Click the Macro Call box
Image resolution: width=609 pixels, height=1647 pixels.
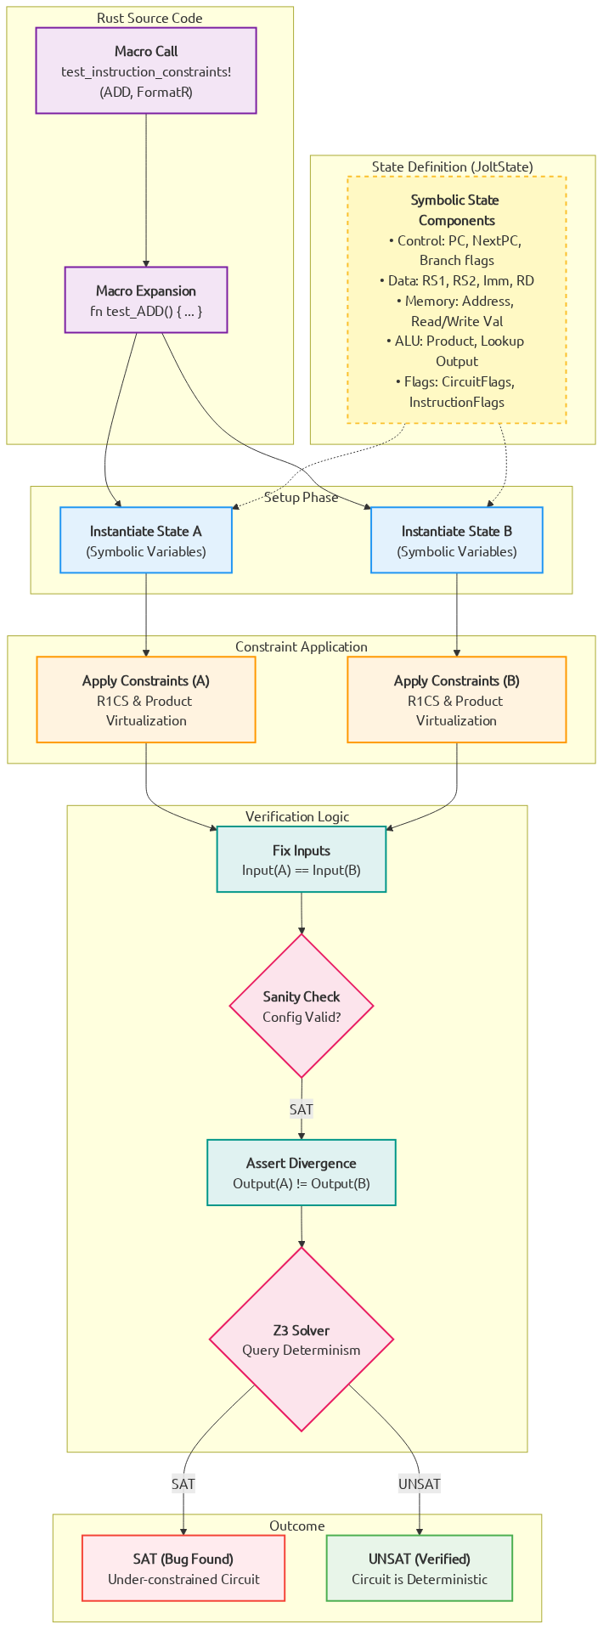pyautogui.click(x=146, y=71)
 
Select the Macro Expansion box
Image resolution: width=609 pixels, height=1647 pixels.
pyautogui.click(x=146, y=300)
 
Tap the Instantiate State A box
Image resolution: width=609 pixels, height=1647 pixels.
pyautogui.click(x=146, y=540)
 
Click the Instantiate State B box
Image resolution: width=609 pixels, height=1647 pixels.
pyautogui.click(x=457, y=540)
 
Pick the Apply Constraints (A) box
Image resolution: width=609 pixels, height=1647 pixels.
pyautogui.click(x=146, y=700)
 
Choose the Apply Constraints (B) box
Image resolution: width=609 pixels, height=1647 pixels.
pyautogui.click(x=457, y=700)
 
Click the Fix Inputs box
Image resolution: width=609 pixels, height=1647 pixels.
pyautogui.click(x=302, y=860)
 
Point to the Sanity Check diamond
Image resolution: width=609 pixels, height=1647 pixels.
pyautogui.click(x=302, y=1006)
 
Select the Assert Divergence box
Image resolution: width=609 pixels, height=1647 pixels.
pyautogui.click(x=302, y=1172)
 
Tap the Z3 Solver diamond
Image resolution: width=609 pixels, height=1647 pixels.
pyautogui.click(x=302, y=1340)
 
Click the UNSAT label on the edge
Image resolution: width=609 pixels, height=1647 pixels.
pyautogui.click(x=420, y=1484)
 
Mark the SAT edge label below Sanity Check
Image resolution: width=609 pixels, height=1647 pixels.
pyautogui.click(x=302, y=1108)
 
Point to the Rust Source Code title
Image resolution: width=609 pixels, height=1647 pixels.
pyautogui.click(x=149, y=18)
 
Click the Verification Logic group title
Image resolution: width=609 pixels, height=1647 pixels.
pyautogui.click(x=297, y=816)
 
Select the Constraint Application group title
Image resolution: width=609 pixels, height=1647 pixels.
pyautogui.click(x=302, y=646)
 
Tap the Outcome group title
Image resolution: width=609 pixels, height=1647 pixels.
pyautogui.click(x=297, y=1526)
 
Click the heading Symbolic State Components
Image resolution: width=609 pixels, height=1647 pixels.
pyautogui.click(x=456, y=210)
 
